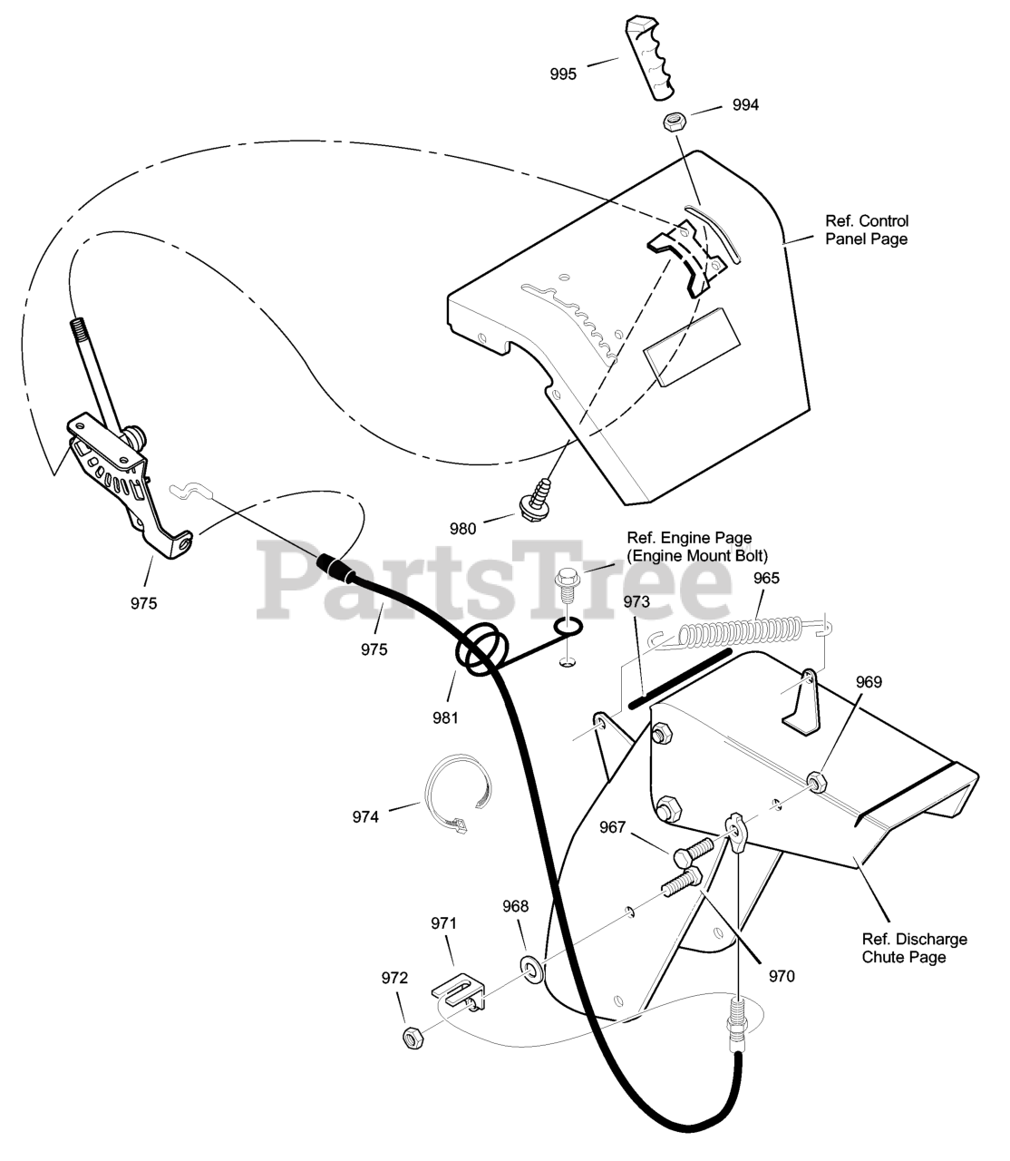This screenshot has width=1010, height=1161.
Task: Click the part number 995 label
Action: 562,73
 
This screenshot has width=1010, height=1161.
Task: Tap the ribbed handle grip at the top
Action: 650,58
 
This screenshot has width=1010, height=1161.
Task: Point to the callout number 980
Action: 462,529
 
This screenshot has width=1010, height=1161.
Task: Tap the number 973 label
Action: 636,601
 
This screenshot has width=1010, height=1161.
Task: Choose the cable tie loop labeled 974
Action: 458,794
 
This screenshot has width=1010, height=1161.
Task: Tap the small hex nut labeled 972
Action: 413,1039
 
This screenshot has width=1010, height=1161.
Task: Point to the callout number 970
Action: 782,977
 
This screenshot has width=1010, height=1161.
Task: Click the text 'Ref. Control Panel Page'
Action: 866,229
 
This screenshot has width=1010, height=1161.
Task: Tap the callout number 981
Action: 445,717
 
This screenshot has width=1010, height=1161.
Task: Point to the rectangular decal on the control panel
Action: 692,346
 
